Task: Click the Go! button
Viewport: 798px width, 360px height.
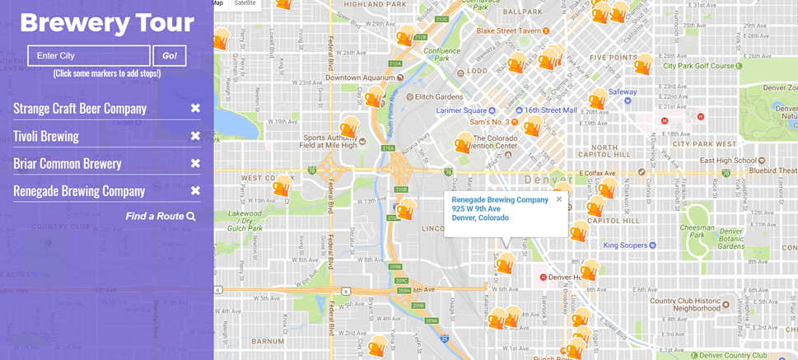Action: [x=170, y=55]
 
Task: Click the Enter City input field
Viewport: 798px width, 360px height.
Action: [x=89, y=55]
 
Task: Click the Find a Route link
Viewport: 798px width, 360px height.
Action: [x=161, y=216]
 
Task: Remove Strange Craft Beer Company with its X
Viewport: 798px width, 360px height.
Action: [x=195, y=108]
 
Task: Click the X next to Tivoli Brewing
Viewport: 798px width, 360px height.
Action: [x=195, y=136]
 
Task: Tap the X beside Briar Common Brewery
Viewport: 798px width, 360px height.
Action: [x=195, y=163]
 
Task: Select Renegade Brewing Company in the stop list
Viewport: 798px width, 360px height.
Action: [x=79, y=191]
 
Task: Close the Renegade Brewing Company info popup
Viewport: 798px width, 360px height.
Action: [x=558, y=199]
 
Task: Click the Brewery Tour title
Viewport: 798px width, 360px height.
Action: [x=107, y=23]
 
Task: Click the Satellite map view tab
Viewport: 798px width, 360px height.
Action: [x=245, y=3]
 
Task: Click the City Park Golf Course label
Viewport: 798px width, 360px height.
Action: [x=699, y=65]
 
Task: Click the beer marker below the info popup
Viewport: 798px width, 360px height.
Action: [x=505, y=263]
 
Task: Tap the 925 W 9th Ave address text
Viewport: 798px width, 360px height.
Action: [x=476, y=208]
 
